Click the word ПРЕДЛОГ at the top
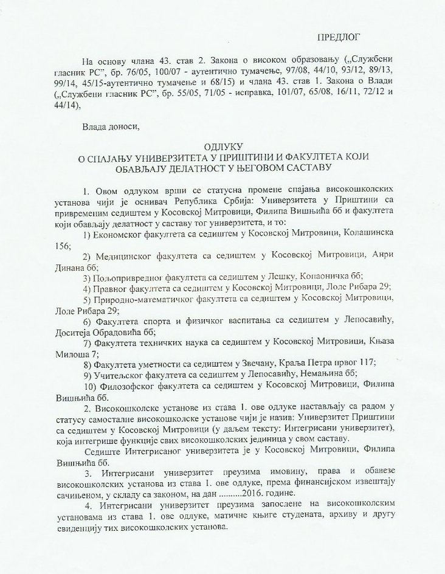pos(336,38)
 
